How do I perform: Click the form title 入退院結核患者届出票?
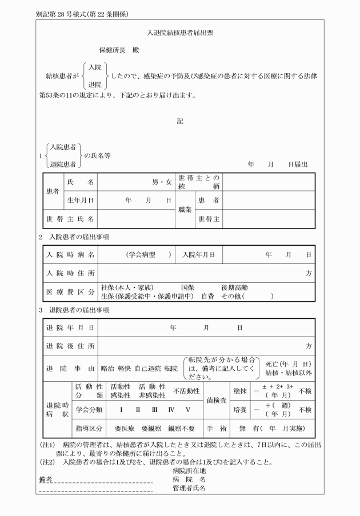point(180,34)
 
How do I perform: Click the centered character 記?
point(180,121)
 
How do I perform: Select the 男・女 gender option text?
point(162,182)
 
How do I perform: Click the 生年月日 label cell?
point(80,201)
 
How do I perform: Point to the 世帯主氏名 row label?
point(71,219)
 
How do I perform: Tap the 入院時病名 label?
point(71,254)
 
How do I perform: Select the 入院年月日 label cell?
point(199,254)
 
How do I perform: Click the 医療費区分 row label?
point(71,292)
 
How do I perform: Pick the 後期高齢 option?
point(234,287)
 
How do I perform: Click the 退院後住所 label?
point(71,346)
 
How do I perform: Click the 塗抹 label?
point(239,391)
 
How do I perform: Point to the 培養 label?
point(239,410)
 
